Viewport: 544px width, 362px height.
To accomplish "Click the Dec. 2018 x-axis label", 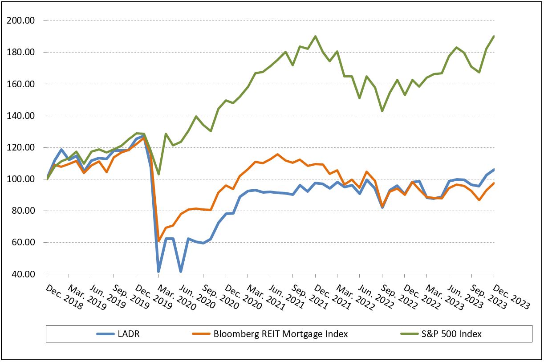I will (x=64, y=297).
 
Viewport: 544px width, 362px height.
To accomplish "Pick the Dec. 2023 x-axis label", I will (x=512, y=297).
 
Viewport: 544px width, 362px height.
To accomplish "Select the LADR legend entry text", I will (x=129, y=334).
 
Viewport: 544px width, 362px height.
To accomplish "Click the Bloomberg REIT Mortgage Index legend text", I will (x=280, y=334).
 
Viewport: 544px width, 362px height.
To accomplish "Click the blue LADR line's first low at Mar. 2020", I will (x=158, y=271).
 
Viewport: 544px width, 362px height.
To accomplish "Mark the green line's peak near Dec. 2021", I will (x=315, y=37).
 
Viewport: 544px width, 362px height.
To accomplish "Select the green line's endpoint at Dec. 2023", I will (x=494, y=37).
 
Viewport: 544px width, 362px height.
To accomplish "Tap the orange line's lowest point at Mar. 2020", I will (x=159, y=241).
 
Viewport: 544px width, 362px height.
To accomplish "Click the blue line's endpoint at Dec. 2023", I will (x=494, y=170).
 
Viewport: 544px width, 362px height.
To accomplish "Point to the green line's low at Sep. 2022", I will (x=382, y=111).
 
